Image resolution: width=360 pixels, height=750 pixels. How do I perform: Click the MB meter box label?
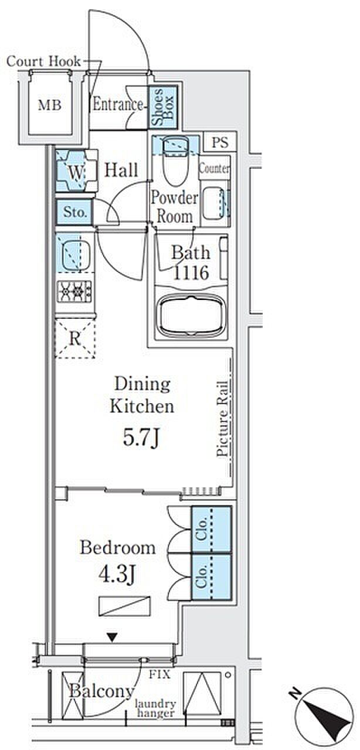click(x=50, y=106)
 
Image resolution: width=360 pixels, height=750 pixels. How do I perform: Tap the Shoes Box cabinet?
click(x=163, y=107)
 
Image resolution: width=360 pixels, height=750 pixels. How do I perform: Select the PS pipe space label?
click(x=220, y=142)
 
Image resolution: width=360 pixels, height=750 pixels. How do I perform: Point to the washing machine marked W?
click(x=76, y=171)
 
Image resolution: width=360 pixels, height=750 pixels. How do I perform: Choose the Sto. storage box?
click(x=74, y=212)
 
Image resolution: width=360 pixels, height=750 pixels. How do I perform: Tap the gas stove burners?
click(x=74, y=291)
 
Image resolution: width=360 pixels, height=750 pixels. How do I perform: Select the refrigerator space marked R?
click(x=75, y=338)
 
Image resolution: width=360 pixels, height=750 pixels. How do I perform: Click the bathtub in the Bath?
click(x=191, y=315)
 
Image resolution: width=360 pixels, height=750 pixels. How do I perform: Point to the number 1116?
click(x=191, y=273)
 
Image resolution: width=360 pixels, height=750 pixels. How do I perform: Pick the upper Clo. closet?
click(x=211, y=529)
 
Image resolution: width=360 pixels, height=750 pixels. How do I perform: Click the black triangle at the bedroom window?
click(x=113, y=637)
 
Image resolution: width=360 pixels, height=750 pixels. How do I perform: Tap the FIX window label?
click(x=159, y=674)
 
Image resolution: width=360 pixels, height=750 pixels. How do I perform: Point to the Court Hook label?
click(x=43, y=62)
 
